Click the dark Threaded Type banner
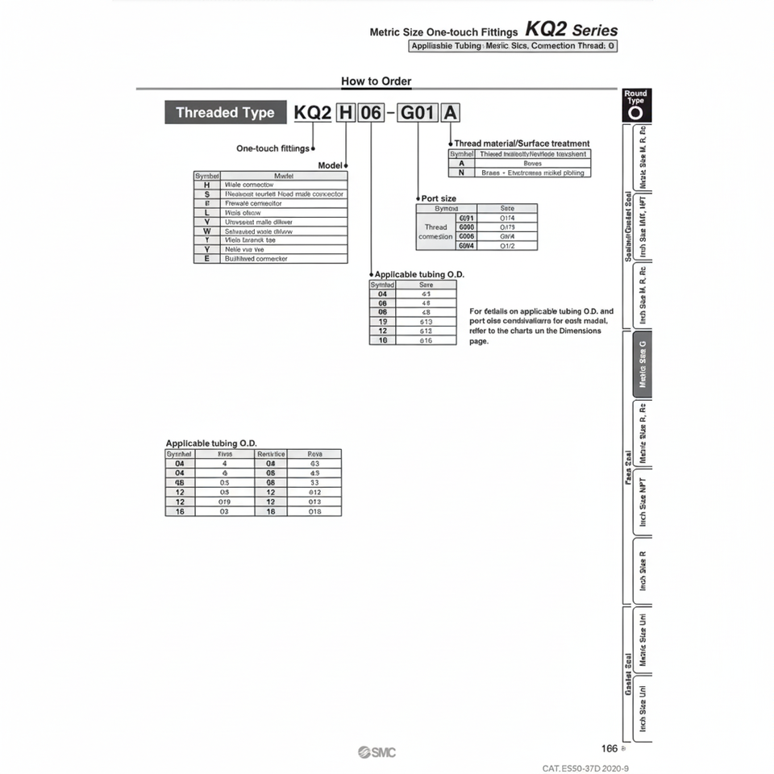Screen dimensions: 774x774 pos(225,113)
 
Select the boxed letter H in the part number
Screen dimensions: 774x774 pos(345,113)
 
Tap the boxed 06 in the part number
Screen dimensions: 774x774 pos(370,113)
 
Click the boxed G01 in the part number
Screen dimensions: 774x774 pos(418,113)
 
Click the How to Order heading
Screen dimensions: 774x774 pos(376,81)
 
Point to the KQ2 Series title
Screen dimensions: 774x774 pos(571,30)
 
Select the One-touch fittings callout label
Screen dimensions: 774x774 pos(273,148)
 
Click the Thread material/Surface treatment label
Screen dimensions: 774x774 pos(522,144)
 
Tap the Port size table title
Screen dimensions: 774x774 pos(439,198)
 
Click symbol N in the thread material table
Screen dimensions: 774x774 pos(461,173)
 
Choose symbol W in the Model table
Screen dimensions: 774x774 pos(207,231)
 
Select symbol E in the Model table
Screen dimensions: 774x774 pos(207,259)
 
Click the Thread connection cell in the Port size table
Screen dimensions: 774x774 pos(435,231)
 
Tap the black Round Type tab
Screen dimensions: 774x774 pos(635,105)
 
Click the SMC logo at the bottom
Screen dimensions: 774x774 pos(377,752)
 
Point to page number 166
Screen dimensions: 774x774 pos(610,748)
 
